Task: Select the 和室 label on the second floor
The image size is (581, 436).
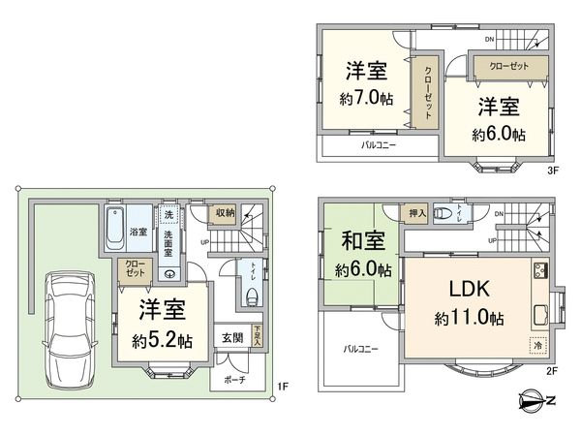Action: point(357,239)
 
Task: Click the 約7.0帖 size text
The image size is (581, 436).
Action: point(365,100)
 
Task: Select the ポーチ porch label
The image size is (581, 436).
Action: point(234,379)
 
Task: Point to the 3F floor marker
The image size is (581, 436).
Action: point(554,170)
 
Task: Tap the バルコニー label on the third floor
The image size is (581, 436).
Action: point(380,146)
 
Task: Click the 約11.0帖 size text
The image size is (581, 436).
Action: point(468,318)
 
